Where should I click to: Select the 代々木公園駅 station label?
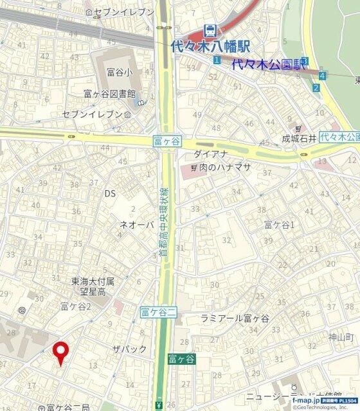[x=266, y=64]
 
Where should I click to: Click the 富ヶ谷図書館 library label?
[x=110, y=94]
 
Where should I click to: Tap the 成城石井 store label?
[x=300, y=138]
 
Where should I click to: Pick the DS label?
[x=110, y=193]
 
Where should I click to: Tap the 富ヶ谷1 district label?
[x=279, y=224]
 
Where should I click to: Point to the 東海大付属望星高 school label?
[x=93, y=286]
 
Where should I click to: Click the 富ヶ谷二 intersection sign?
[x=158, y=313]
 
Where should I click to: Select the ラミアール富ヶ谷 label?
[x=235, y=319]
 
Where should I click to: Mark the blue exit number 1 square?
[x=217, y=60]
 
